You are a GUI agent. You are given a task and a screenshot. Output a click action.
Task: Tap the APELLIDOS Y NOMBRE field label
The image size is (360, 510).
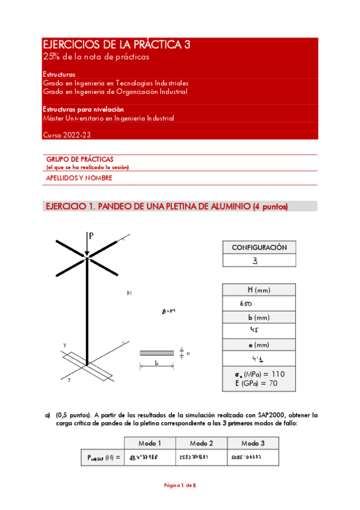click(79, 178)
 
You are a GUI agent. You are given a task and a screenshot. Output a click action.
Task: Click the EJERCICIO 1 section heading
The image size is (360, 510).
click(167, 206)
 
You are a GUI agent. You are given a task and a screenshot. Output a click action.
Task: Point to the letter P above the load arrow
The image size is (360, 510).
click(91, 236)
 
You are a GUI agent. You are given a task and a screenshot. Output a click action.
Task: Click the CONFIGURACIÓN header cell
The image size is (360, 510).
click(259, 247)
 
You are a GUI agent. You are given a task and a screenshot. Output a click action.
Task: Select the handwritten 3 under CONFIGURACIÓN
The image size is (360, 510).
click(255, 260)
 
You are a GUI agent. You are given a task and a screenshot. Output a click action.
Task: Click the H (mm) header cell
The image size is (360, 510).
click(259, 290)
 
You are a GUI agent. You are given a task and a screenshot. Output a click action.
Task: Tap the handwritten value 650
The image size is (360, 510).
click(245, 304)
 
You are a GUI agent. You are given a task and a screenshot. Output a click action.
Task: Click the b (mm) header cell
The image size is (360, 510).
click(259, 317)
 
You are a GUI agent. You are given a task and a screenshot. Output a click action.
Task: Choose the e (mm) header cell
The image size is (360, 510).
click(259, 345)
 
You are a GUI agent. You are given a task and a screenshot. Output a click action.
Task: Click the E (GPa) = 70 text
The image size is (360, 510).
click(259, 383)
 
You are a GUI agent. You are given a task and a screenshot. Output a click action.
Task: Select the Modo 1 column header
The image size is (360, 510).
click(150, 443)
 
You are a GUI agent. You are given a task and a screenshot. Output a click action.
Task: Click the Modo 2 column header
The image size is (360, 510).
click(202, 443)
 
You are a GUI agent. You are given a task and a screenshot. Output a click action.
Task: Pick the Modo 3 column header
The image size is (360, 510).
click(254, 443)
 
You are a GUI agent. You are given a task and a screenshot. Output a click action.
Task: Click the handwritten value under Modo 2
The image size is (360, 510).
click(194, 458)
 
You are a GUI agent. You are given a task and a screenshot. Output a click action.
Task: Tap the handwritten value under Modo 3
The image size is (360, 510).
click(247, 458)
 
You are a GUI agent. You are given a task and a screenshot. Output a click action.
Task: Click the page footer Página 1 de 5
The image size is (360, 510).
click(180, 485)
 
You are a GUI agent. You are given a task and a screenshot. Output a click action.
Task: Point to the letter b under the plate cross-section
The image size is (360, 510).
click(156, 364)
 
